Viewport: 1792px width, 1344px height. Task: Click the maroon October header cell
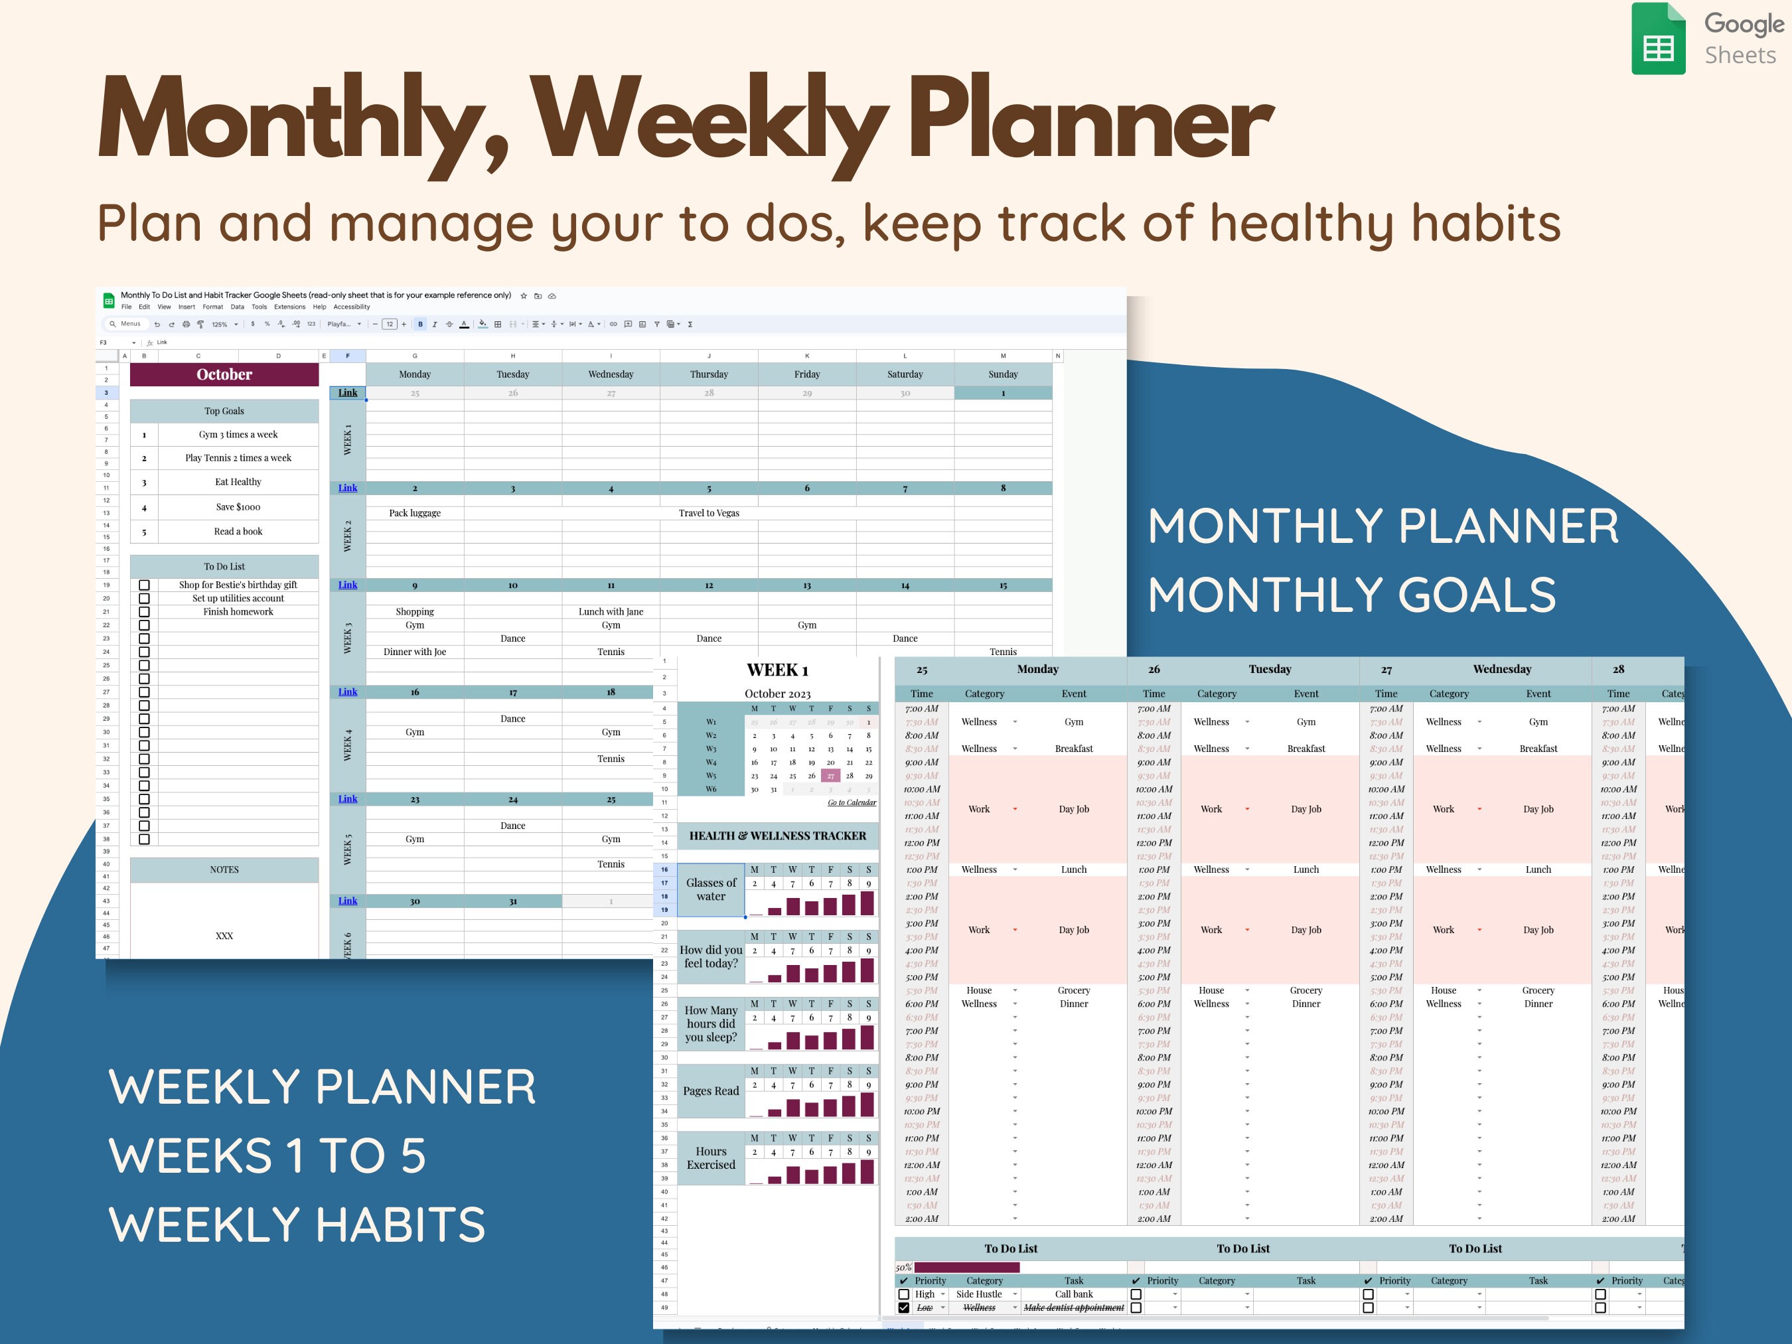click(x=224, y=374)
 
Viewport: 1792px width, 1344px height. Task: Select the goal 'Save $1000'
click(x=238, y=507)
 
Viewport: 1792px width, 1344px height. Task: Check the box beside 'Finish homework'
click(x=144, y=612)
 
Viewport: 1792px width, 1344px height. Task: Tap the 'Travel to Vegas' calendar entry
click(x=709, y=513)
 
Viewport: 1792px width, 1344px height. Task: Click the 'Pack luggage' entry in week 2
click(x=415, y=513)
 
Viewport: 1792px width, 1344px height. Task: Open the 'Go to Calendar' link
click(x=852, y=802)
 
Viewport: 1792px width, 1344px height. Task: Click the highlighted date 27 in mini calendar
click(x=830, y=775)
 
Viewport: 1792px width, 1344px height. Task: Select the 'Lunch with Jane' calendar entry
click(x=611, y=612)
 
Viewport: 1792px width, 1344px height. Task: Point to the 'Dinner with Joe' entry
click(x=415, y=651)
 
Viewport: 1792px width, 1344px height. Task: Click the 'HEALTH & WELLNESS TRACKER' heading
click(x=777, y=835)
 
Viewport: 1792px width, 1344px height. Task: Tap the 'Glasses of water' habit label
click(x=710, y=889)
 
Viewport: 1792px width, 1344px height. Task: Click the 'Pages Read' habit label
click(x=710, y=1091)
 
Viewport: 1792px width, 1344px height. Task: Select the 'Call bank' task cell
click(x=1073, y=1294)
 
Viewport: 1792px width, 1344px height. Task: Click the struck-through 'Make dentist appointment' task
click(x=1073, y=1307)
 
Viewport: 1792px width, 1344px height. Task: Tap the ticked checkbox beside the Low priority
click(x=903, y=1307)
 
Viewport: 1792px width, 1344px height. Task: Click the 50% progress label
click(x=903, y=1267)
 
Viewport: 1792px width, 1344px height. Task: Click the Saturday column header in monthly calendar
click(x=905, y=374)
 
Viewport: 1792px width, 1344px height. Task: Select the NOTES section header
click(x=224, y=869)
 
